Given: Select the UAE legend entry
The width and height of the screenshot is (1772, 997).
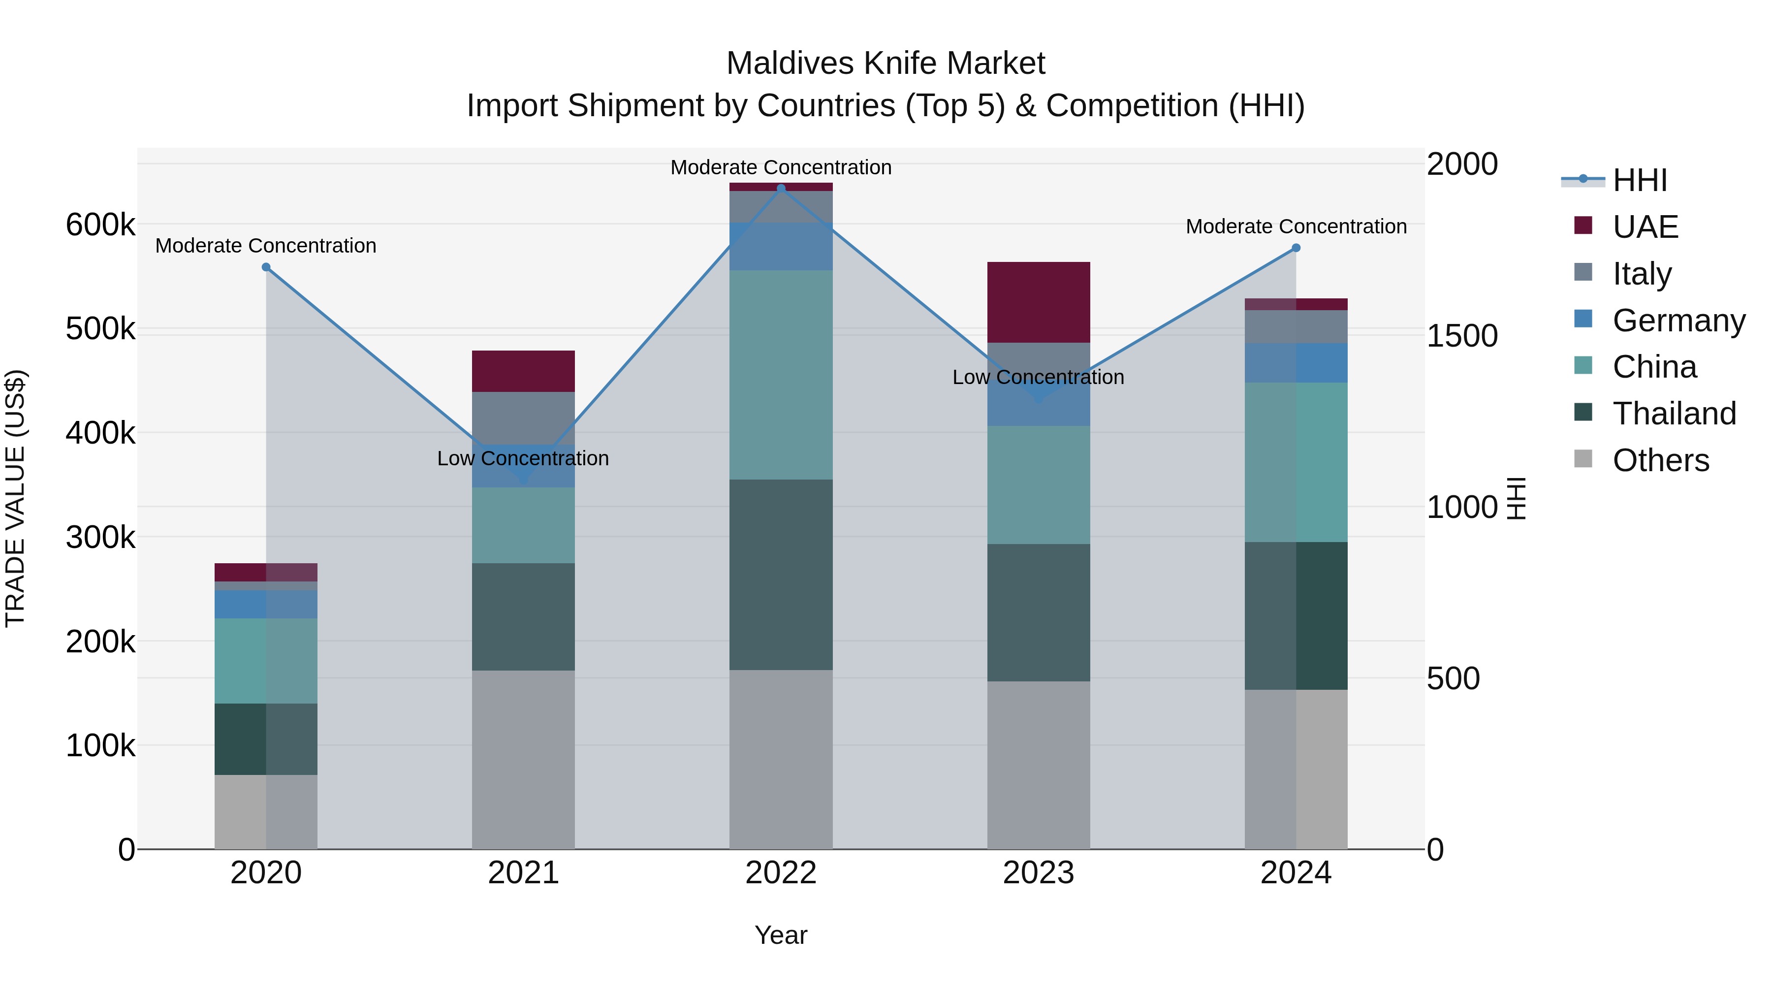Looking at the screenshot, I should [1645, 227].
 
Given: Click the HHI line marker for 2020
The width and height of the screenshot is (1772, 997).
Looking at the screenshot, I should [266, 267].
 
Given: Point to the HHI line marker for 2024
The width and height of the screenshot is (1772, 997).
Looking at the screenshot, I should [1296, 248].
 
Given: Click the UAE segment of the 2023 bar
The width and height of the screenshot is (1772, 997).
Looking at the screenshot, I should [1038, 302].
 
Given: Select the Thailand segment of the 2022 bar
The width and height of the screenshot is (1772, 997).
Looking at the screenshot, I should [781, 575].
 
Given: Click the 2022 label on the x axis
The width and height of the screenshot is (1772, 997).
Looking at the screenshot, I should [781, 873].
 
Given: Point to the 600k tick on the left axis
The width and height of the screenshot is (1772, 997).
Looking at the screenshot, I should [100, 225].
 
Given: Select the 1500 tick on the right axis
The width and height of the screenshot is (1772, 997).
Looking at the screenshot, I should [1462, 336].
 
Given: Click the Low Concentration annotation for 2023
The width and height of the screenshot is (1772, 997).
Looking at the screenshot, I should [1038, 377].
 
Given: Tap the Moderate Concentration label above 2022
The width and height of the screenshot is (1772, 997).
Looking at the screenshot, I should [781, 167].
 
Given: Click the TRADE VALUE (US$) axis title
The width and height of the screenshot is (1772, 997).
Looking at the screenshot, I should [15, 498].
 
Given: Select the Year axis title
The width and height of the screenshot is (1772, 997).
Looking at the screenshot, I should [781, 935].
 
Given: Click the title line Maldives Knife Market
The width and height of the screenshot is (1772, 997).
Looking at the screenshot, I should [886, 64].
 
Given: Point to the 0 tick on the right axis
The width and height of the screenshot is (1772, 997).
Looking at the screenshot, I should [1436, 850].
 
